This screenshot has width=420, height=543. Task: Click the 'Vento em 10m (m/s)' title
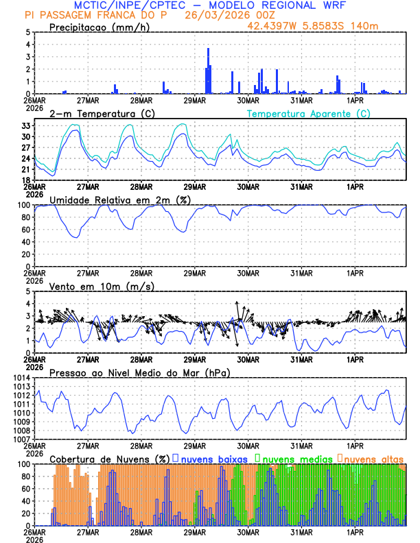[x=102, y=286]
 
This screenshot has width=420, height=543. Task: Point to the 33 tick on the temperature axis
[x=25, y=126]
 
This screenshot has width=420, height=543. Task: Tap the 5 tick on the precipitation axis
[x=28, y=32]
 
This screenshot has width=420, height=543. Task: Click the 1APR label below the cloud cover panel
[x=355, y=531]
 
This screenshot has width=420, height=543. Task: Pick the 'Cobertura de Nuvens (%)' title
[x=110, y=458]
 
